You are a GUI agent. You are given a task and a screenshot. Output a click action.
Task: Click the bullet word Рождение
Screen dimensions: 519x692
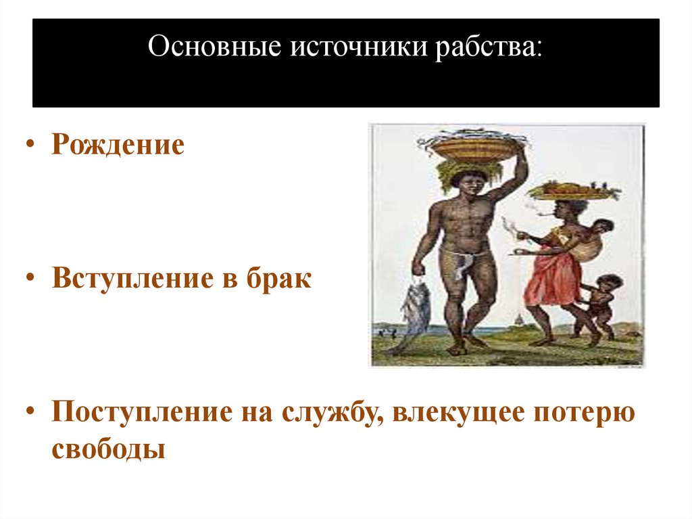[118, 145]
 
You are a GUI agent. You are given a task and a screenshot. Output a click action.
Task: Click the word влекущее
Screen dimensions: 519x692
[460, 413]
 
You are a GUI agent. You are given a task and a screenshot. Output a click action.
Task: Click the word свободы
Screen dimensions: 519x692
[108, 449]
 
